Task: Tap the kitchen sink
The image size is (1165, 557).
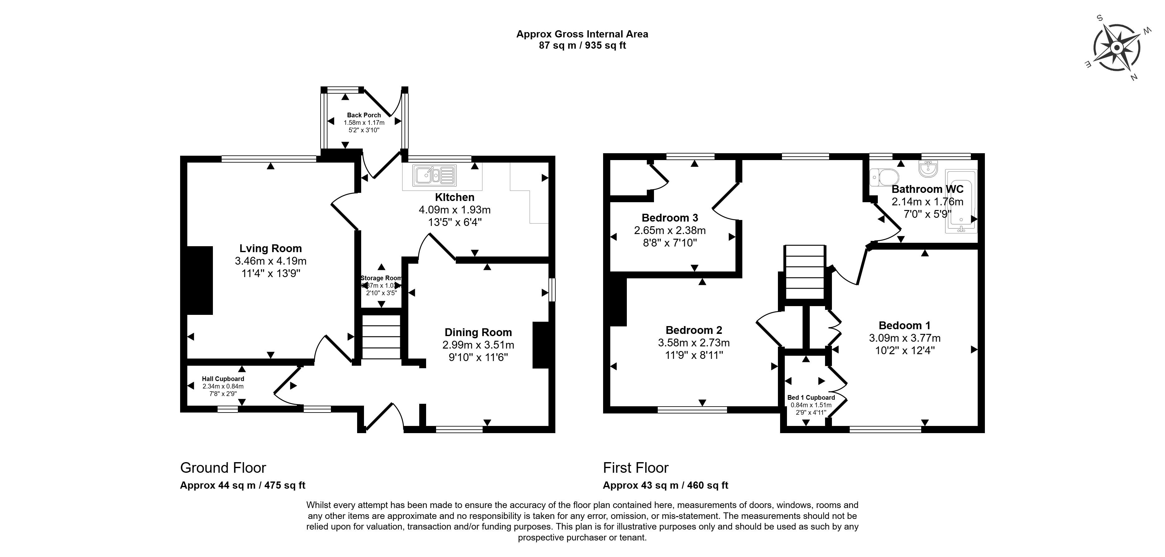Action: tap(434, 175)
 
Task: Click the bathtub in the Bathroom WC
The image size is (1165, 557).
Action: tap(961, 201)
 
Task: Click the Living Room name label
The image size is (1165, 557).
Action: tap(270, 248)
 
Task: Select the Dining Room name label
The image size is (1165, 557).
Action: tap(478, 332)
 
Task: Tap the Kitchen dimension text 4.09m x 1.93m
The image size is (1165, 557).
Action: tap(455, 210)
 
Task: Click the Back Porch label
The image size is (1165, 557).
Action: tap(364, 115)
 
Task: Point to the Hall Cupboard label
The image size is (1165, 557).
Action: tap(223, 379)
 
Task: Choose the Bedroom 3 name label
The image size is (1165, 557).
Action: tap(670, 218)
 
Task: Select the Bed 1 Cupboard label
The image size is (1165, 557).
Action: tap(811, 398)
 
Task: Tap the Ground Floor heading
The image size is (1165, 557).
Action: tap(223, 467)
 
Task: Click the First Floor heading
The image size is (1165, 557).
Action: tap(636, 467)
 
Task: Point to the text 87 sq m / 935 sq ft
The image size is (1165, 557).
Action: tap(582, 46)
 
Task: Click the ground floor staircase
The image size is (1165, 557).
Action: tap(381, 337)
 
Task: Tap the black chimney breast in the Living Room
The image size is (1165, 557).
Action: tap(200, 280)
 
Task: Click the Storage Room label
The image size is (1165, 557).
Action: tap(381, 278)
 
